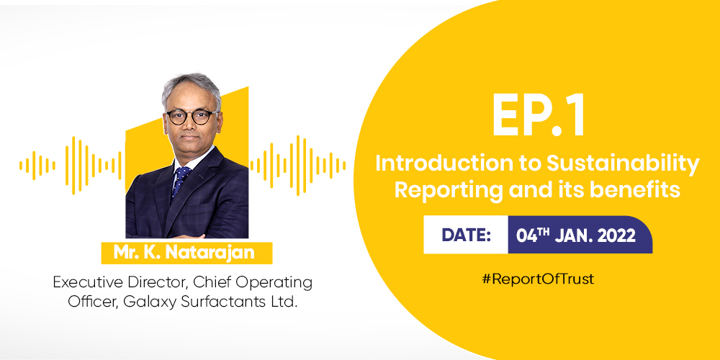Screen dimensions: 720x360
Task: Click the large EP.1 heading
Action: click(539, 117)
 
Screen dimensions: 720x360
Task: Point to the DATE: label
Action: click(466, 235)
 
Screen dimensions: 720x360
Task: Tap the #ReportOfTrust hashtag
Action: click(538, 279)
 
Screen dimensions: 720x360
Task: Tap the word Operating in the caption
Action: click(277, 282)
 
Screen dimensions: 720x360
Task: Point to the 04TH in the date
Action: click(533, 235)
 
